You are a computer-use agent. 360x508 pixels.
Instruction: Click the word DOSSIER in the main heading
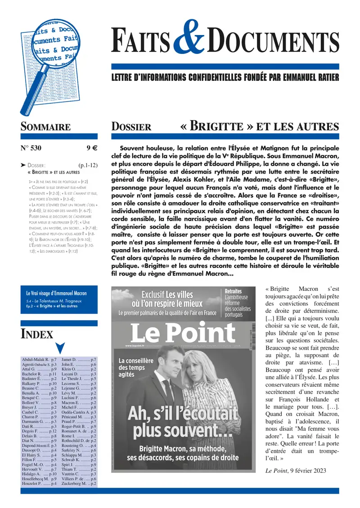pyautogui.click(x=131, y=127)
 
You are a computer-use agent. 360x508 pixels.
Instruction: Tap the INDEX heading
pyautogui.click(x=37, y=334)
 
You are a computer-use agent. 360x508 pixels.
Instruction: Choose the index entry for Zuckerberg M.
pyautogui.click(x=79, y=484)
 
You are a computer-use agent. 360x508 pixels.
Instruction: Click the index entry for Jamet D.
pyautogui.click(x=79, y=360)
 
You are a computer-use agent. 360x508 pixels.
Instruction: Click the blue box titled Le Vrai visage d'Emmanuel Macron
pyautogui.click(x=59, y=300)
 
